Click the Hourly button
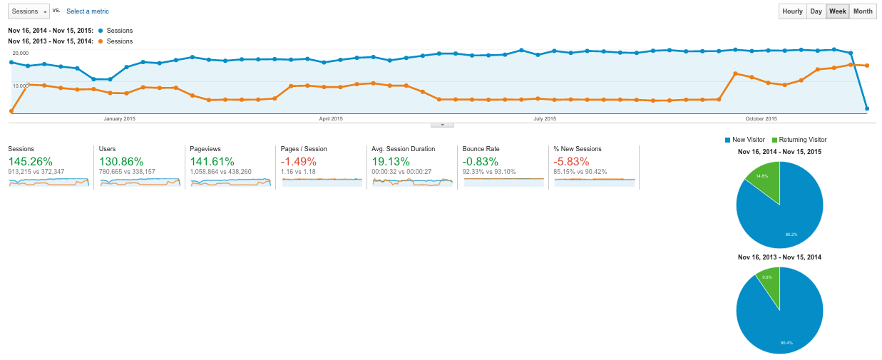[x=792, y=11]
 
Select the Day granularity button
[x=816, y=11]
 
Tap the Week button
[x=837, y=11]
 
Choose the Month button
[x=862, y=11]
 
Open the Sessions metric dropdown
[x=29, y=11]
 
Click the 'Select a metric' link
[x=88, y=11]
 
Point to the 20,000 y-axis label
[x=21, y=53]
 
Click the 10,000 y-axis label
[x=21, y=86]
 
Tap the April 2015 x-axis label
[x=330, y=118]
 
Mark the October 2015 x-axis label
[x=761, y=118]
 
